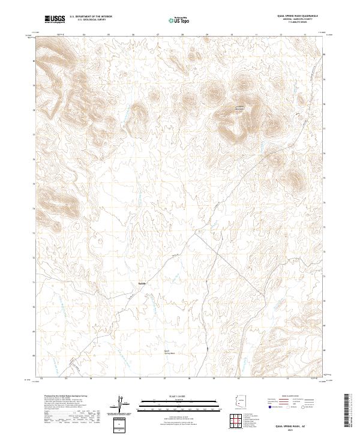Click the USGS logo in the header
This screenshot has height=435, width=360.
pos(55,19)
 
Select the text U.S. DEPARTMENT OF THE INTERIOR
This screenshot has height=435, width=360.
pos(91,17)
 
